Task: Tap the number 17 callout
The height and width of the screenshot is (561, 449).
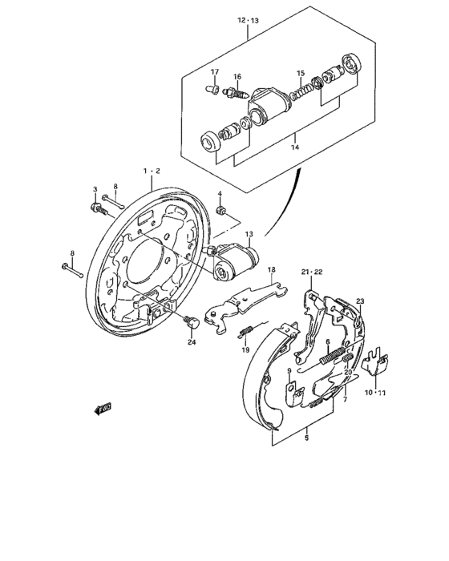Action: (214, 72)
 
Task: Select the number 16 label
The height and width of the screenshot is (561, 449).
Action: (237, 77)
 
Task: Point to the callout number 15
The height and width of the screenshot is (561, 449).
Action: (301, 73)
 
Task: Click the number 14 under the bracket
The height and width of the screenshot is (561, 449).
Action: (294, 147)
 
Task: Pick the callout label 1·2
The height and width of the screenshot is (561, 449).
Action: (152, 172)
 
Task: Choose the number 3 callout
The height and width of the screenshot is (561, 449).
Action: (95, 189)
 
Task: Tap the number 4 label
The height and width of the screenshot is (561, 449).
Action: (220, 195)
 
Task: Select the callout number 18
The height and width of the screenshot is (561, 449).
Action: (272, 270)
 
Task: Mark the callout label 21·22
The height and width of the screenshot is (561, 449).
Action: (311, 272)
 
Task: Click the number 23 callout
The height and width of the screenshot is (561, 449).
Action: (360, 301)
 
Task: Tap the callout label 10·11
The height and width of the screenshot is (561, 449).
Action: (375, 393)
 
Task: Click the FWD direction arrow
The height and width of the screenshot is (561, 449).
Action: (102, 409)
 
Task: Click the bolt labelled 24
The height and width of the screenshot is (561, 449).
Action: (191, 322)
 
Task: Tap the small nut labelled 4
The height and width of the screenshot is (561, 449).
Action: (221, 211)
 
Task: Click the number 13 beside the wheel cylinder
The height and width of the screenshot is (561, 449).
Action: (249, 234)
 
